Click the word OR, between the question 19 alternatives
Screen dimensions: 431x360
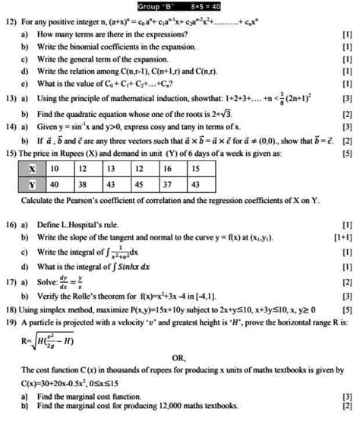coord(179,357)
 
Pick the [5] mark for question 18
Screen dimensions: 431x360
coord(347,310)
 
